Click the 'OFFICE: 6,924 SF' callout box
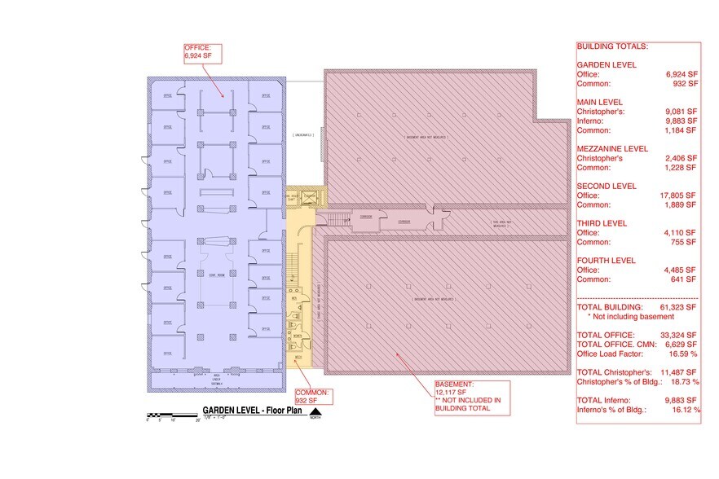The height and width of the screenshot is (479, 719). pos(201,55)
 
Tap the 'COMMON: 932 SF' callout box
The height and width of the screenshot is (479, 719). pos(312,397)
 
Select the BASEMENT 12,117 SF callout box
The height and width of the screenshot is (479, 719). pos(471,397)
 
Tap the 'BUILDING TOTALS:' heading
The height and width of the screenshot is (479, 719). pos(612,46)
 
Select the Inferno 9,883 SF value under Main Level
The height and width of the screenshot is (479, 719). pos(679,120)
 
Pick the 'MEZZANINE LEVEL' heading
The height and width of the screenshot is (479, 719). pos(612,149)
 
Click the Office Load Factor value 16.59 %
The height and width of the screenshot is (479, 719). pos(681,354)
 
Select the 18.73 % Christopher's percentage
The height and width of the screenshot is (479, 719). pos(682,381)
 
